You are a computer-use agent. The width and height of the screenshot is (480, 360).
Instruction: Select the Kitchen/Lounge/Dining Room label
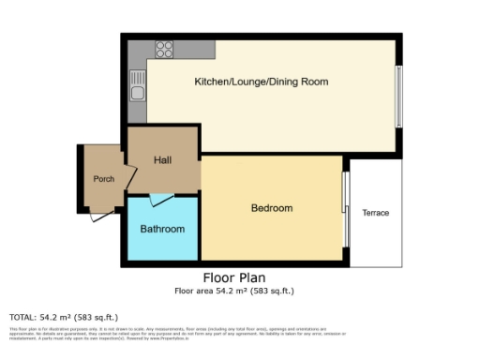(261, 82)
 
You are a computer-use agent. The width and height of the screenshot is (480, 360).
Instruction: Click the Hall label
(162, 161)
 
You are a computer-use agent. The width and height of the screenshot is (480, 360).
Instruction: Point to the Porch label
(102, 179)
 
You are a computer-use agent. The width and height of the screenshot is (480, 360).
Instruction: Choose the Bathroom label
(162, 229)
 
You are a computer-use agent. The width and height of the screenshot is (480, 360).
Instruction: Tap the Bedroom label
(272, 208)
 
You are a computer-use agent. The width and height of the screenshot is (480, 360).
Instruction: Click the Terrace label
(375, 213)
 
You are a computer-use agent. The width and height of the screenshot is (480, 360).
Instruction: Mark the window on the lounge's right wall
(398, 97)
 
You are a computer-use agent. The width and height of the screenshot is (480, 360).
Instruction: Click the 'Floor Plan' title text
(233, 278)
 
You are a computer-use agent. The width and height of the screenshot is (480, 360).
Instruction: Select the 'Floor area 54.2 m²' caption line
(233, 291)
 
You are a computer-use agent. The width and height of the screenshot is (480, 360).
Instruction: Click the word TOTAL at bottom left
(23, 317)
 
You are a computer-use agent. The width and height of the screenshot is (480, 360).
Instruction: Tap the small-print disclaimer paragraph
(169, 333)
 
